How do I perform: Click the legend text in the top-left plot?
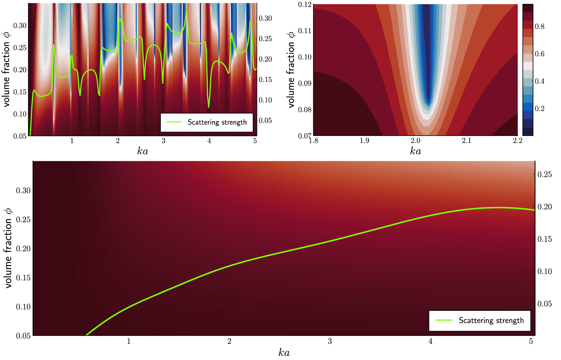point(217,122)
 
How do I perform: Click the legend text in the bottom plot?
point(491,321)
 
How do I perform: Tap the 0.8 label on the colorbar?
point(540,26)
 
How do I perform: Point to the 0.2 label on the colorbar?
point(540,108)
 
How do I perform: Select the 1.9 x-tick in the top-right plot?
point(365,140)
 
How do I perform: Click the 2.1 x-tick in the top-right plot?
point(466,140)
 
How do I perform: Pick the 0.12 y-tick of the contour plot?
point(305,5)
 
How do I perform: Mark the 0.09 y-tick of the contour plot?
point(305,83)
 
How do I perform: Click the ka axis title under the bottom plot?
point(284,353)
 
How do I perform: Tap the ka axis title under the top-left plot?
point(142,151)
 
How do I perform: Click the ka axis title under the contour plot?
point(415,151)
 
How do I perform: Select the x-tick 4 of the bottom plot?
point(430,341)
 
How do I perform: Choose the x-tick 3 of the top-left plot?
point(163,140)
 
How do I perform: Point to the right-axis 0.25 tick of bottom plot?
point(544,174)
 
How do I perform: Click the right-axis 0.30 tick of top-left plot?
point(265,18)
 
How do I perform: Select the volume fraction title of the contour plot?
point(291,70)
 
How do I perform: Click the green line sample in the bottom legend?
point(444,320)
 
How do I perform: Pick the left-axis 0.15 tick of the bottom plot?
point(23,277)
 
